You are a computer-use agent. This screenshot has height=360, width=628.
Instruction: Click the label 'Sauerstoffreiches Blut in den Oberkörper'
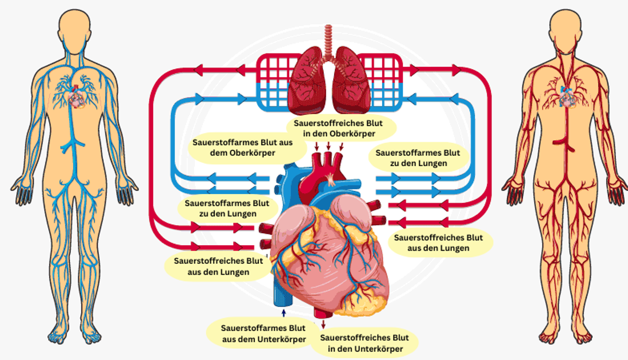[x=338, y=128]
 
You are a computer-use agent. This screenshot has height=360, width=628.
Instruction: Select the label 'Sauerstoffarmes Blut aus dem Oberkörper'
[x=242, y=148]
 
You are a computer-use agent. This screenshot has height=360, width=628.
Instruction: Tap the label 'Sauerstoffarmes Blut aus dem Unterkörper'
[x=263, y=333]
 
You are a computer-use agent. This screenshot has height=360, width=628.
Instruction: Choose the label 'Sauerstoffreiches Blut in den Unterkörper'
[x=364, y=343]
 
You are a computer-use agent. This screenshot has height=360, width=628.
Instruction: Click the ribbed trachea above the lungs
[x=328, y=39]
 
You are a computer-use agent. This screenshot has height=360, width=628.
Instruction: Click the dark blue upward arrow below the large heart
[x=284, y=313]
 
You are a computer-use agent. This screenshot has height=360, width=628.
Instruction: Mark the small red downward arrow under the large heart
[x=323, y=324]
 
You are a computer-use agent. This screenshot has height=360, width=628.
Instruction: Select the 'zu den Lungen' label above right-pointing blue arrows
[x=418, y=158]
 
